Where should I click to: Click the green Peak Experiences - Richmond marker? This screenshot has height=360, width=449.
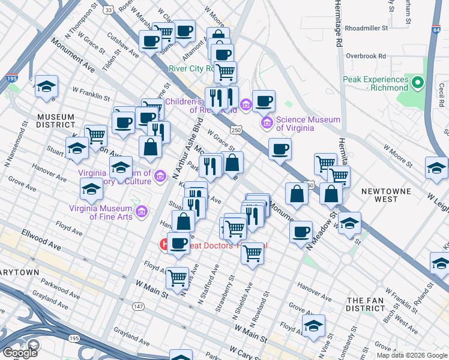click(x=418, y=80)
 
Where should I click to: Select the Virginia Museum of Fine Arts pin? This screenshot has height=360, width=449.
click(x=142, y=212)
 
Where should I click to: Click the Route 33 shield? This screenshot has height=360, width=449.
click(x=108, y=10)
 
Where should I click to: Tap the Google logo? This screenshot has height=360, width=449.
click(x=20, y=352)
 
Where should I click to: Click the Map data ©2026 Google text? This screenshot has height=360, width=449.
click(x=411, y=355)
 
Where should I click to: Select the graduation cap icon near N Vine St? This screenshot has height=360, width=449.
click(x=313, y=325)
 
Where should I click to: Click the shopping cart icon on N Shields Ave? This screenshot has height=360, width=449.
click(x=253, y=253)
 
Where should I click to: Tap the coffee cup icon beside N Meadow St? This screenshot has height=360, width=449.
click(x=301, y=231)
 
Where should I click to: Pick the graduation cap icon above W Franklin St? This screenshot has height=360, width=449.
click(x=46, y=86)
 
